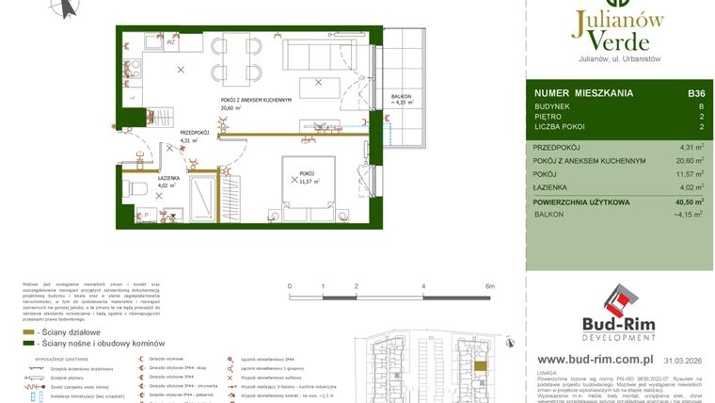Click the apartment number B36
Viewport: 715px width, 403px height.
pos(696,93)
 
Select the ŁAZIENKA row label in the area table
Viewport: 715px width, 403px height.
pos(553,188)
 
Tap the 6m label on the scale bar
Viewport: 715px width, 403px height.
pos(489,284)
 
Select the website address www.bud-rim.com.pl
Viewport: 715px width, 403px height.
pos(595,360)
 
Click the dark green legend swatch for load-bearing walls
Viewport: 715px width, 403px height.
pos(29,344)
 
